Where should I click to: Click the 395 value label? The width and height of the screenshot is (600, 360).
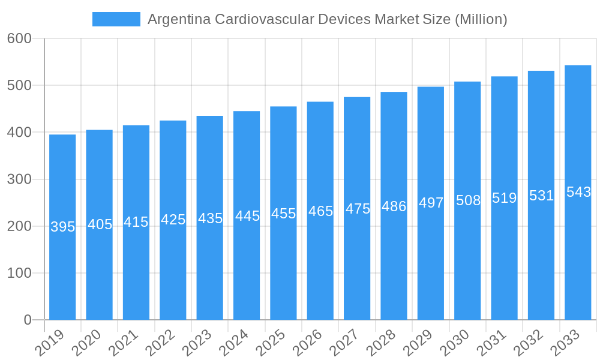click(x=62, y=227)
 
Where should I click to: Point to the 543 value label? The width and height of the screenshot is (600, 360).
click(x=578, y=192)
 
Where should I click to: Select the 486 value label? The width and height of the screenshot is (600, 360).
click(x=394, y=206)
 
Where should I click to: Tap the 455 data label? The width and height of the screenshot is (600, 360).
click(x=283, y=214)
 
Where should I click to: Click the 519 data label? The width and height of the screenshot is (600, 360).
click(x=504, y=198)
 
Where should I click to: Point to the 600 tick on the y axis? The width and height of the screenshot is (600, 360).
click(x=19, y=38)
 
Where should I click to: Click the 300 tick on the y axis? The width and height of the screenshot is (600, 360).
click(x=19, y=179)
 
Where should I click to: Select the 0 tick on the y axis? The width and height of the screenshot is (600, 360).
click(x=28, y=320)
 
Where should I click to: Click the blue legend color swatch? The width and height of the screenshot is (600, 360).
click(x=116, y=19)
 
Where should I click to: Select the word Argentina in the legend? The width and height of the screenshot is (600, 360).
click(x=179, y=19)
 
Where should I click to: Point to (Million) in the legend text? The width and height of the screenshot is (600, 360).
click(x=481, y=19)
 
